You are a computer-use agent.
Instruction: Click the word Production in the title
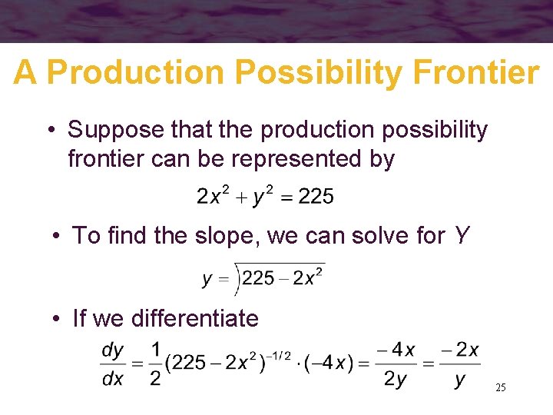tap(134, 73)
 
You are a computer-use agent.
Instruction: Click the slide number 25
tap(500, 388)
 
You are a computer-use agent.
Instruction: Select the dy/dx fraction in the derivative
tap(113, 364)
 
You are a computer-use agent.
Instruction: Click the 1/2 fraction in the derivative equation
tap(155, 364)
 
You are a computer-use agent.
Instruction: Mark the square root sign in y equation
tap(238, 278)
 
